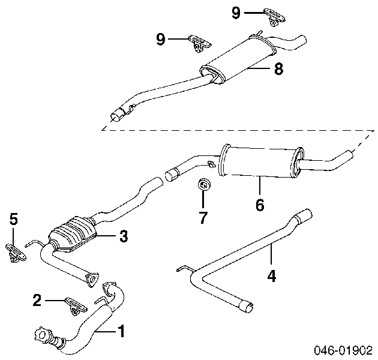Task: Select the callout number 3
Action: click(x=123, y=237)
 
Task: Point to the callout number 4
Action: click(x=272, y=276)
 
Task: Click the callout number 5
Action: click(x=14, y=220)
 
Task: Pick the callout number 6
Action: click(x=260, y=204)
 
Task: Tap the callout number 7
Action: click(x=203, y=217)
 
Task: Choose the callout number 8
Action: click(x=278, y=69)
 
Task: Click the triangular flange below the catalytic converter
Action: click(x=92, y=277)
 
